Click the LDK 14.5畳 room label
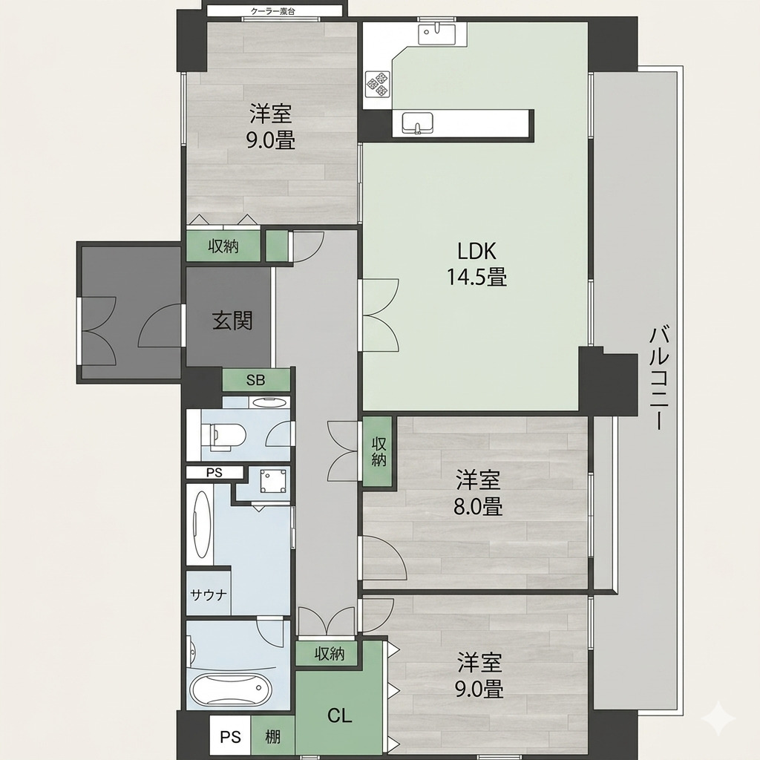476,265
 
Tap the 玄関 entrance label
232,321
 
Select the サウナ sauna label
209,594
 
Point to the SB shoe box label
255,380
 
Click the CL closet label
339,715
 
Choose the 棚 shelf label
272,737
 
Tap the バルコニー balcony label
659,379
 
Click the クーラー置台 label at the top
273,11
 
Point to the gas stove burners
378,83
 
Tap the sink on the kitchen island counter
417,122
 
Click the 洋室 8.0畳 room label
478,493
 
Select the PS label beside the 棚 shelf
230,737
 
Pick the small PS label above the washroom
214,473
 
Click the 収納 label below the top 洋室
223,246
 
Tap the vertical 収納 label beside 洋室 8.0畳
379,451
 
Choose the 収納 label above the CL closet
329,655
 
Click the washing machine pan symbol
272,481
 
